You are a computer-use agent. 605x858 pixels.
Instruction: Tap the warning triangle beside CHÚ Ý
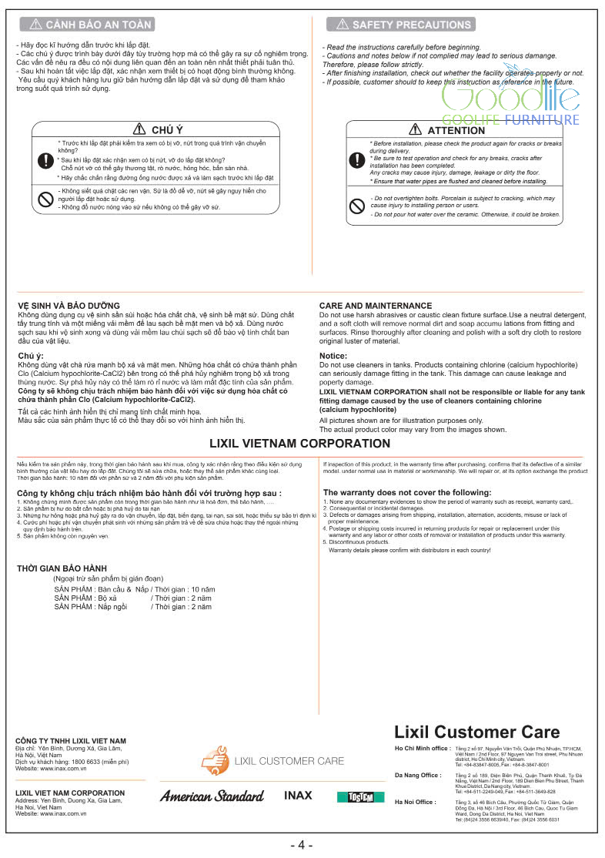[x=139, y=129]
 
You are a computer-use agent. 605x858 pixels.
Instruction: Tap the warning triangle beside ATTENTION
[x=415, y=130]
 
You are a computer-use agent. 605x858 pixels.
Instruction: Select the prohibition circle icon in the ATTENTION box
[x=356, y=206]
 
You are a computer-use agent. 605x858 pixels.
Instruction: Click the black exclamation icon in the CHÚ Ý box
[x=45, y=161]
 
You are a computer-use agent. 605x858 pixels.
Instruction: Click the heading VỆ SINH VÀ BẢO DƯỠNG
[x=69, y=306]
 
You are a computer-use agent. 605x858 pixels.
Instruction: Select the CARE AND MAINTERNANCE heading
[x=376, y=306]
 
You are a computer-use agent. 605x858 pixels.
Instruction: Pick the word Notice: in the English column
[x=333, y=355]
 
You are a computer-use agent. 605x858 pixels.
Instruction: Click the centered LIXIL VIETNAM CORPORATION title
[x=300, y=444]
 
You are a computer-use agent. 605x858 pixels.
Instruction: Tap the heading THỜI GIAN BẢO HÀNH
[x=62, y=568]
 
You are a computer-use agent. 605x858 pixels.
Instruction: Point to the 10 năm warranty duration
[x=203, y=589]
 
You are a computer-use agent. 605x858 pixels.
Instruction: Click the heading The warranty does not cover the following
[x=407, y=492]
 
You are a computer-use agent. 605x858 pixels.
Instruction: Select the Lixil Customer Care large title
[x=477, y=732]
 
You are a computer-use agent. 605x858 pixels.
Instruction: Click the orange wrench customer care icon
[x=215, y=761]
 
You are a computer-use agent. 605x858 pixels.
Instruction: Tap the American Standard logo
[x=212, y=796]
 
